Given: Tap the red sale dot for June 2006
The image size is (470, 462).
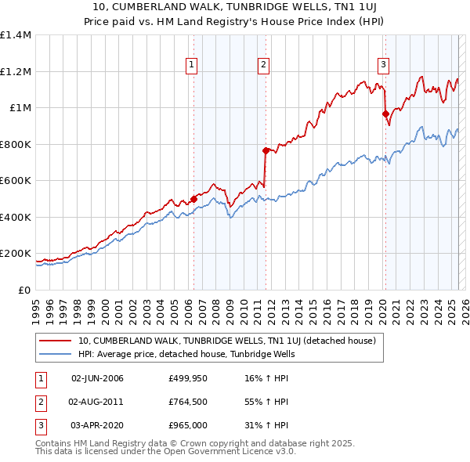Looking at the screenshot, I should coord(193,199).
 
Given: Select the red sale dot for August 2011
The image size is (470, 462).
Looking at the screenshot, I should coord(266,150).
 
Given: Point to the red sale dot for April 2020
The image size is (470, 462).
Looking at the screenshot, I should coord(385,114).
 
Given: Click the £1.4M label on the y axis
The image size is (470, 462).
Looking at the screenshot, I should coord(16,35).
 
